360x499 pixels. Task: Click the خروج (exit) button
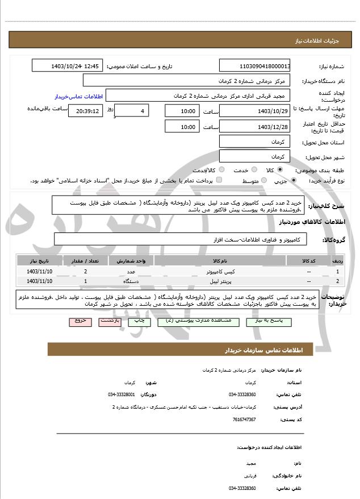coord(80,321)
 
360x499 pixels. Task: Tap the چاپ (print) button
coord(140,321)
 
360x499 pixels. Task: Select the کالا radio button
coord(280,170)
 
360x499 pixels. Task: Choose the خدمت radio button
coord(253,170)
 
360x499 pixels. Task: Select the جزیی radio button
coord(293,181)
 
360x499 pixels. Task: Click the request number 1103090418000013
coord(255,66)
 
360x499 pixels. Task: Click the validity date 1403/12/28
coord(255,127)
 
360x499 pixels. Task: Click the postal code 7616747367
coord(244,419)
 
